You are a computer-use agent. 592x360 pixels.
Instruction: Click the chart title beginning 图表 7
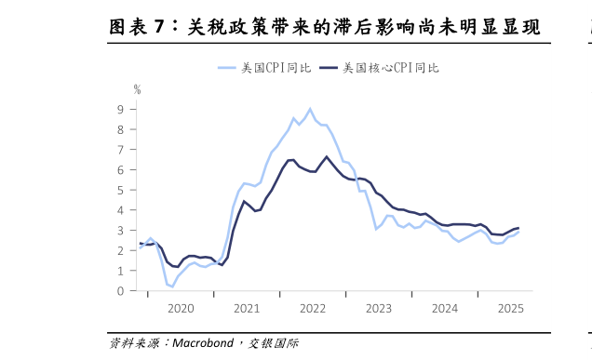324,27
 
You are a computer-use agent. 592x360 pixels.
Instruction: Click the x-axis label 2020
181,308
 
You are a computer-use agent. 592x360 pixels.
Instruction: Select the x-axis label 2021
247,308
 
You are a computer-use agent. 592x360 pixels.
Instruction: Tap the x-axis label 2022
313,308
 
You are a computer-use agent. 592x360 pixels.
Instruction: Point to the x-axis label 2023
379,308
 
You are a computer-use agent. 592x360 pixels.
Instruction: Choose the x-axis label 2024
445,308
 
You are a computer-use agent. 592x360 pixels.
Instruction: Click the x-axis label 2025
510,308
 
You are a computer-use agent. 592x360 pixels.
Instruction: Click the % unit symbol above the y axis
137,90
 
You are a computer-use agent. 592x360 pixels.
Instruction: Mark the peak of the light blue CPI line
310,109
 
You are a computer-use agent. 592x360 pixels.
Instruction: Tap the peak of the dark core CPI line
327,156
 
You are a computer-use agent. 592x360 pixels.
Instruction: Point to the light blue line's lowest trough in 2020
172,287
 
